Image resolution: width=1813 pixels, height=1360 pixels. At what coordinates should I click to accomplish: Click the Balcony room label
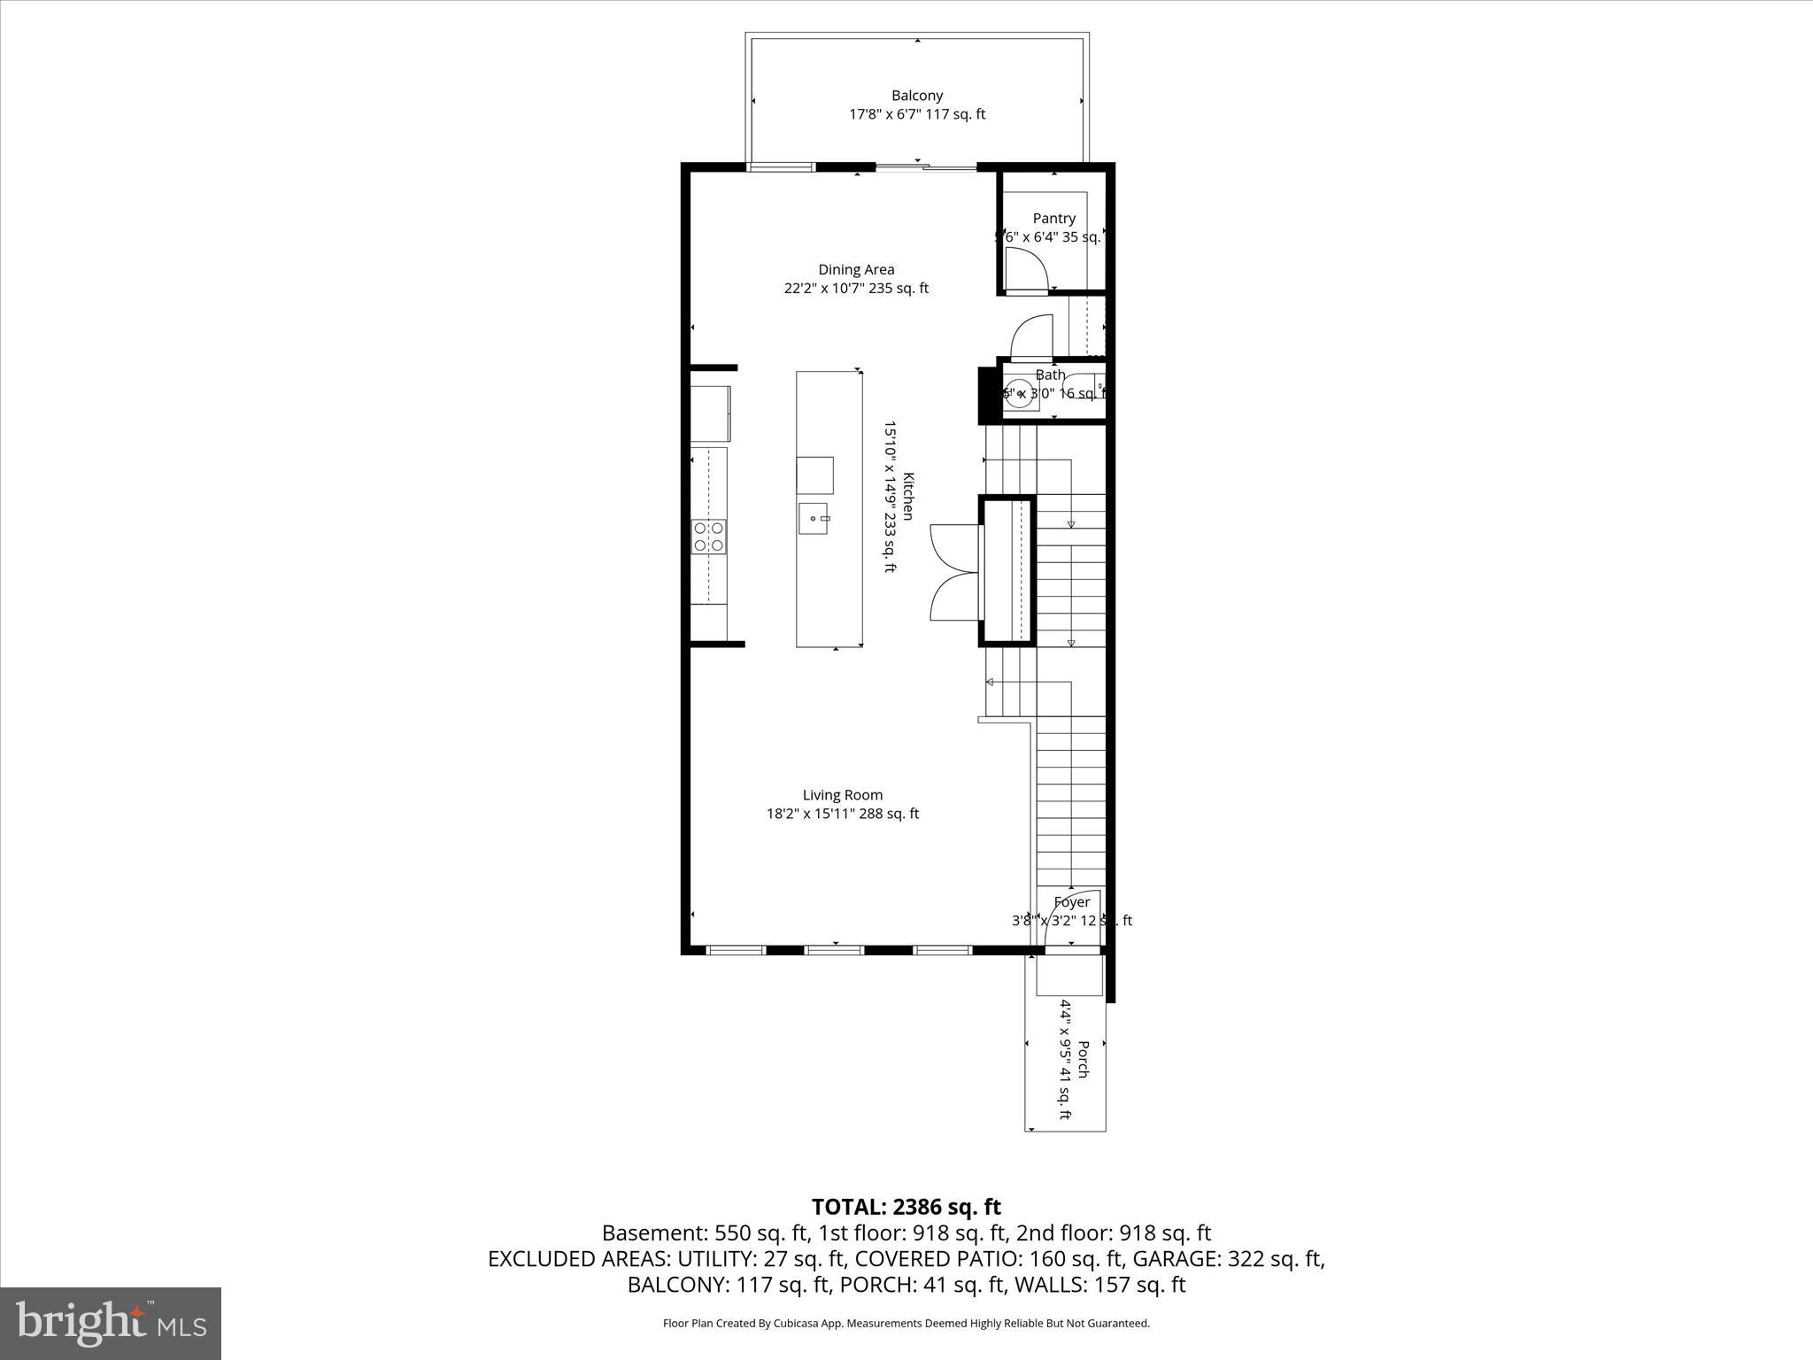[x=916, y=96]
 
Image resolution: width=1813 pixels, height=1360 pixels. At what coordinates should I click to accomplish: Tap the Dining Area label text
[x=856, y=270]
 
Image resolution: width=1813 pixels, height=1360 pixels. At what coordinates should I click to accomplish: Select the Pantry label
[x=1053, y=219]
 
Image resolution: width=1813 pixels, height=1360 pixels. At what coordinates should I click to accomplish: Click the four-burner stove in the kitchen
[x=709, y=537]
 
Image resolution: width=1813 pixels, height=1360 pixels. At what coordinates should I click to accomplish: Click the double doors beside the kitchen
[x=954, y=572]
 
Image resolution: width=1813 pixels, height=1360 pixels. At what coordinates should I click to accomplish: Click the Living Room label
[x=843, y=795]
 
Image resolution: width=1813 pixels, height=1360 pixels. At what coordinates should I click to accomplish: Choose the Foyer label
[x=1071, y=902]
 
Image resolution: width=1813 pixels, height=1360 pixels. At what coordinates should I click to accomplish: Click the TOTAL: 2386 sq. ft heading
[x=906, y=1207]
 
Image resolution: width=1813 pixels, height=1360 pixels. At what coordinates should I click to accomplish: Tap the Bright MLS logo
[x=111, y=1324]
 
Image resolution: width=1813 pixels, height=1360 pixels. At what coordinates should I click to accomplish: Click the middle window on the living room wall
[x=834, y=950]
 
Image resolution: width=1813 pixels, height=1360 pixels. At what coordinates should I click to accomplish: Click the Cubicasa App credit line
[x=906, y=1324]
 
